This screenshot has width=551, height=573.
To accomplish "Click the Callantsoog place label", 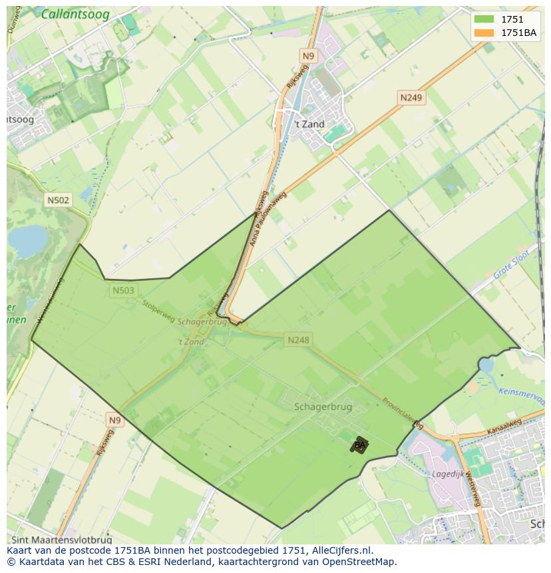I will coord(75,14).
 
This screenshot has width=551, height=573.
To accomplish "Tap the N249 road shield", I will coord(411,98).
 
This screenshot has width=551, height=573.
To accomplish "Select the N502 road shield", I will coord(58,200).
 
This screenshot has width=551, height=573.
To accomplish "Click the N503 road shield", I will coord(123,290).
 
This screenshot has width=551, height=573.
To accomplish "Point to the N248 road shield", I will coord(298,340).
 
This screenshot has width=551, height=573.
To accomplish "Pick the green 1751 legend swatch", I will coord(484,19).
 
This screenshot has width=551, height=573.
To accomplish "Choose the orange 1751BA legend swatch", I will coord(484,33).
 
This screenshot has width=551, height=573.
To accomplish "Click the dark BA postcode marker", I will coord(359,445).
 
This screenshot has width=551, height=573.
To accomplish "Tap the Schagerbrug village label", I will coord(323,407).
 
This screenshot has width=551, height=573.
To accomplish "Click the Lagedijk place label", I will coord(447,475).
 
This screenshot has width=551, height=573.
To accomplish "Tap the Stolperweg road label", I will coord(158,309).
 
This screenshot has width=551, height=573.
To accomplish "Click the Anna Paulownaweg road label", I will coord(267,220).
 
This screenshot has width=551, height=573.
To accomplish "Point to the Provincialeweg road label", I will coord(403,413).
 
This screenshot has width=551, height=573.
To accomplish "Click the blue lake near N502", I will coord(27,241).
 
